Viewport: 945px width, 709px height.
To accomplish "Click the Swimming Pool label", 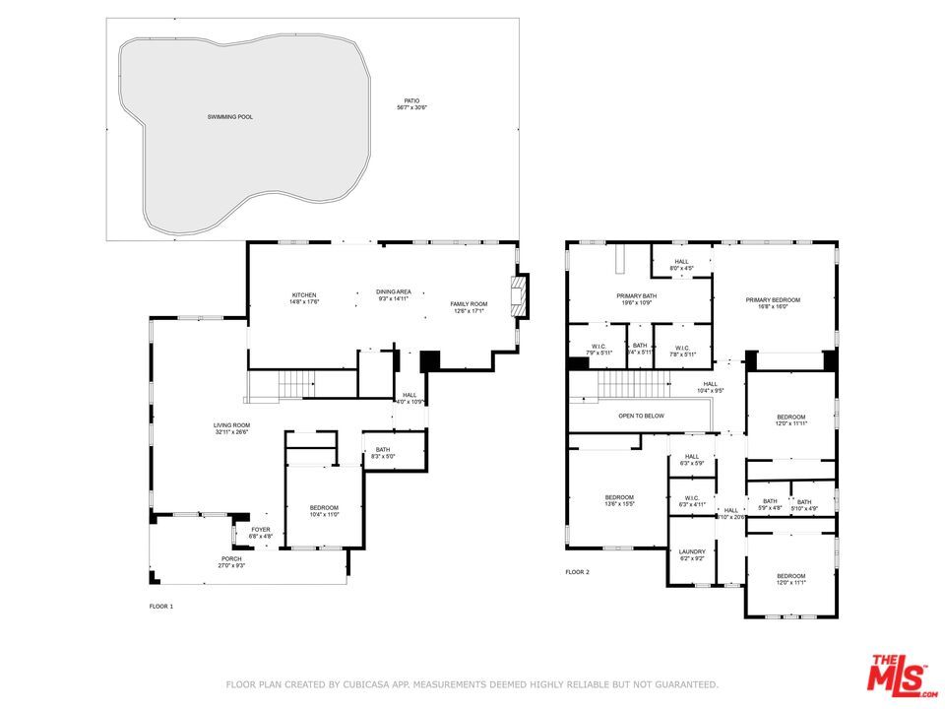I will coord(229,117).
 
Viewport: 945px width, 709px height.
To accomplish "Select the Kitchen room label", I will coord(303,295).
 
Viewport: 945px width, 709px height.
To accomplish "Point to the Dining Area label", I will coord(393,291).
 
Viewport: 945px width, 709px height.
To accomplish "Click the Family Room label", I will coord(469,304).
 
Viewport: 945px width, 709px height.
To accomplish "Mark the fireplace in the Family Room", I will coord(519,296).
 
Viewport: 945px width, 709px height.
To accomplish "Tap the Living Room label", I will coord(231,426).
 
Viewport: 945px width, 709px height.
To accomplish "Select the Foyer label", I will coord(260,530).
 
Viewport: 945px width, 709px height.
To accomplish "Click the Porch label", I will coord(231,559).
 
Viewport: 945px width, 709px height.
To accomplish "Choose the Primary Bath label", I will coord(636,295).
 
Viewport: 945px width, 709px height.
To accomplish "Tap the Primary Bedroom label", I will coord(772,300).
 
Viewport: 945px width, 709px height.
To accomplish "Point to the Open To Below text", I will coord(641,416).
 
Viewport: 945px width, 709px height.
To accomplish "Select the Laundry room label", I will coord(692,552).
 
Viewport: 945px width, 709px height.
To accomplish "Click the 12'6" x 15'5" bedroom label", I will coord(619,498).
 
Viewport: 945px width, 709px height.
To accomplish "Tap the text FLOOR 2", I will coord(577,571).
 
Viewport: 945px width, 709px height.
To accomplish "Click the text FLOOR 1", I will coord(160,606).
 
